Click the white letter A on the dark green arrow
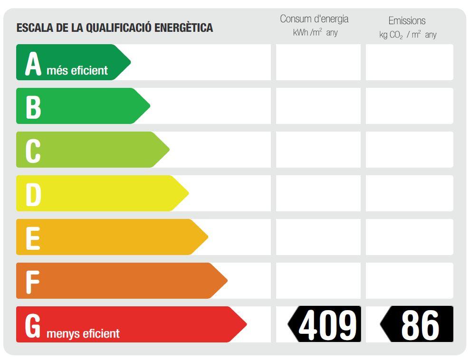(33, 64)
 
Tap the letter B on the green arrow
(33, 107)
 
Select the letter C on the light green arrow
(33, 151)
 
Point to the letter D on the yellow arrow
(33, 194)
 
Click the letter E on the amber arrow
(32, 238)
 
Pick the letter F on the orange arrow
(32, 282)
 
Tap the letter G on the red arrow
(33, 325)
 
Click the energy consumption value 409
(327, 325)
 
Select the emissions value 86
(420, 325)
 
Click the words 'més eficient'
(77, 71)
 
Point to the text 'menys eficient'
(83, 333)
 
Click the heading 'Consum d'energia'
(314, 19)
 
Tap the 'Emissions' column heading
(407, 20)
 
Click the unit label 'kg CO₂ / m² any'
(408, 35)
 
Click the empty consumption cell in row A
(318, 62)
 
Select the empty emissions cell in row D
(409, 193)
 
